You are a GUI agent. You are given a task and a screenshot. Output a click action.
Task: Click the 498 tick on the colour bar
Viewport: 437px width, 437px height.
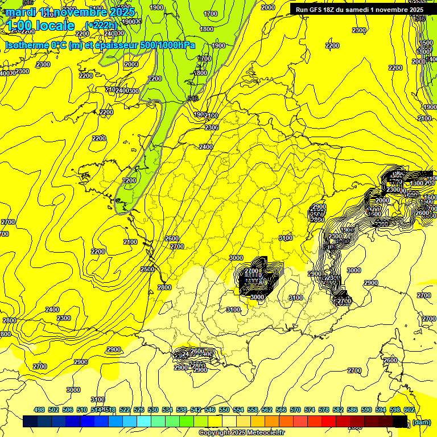tap(39, 410)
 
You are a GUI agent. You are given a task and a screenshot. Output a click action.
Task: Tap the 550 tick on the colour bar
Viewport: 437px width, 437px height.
tap(224, 410)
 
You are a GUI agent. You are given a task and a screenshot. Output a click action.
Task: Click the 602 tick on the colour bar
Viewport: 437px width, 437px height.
tap(409, 410)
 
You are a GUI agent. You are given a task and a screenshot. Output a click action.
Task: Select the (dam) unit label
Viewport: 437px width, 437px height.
tap(421, 422)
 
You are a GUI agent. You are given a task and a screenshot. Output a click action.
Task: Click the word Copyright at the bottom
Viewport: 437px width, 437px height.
tap(216, 432)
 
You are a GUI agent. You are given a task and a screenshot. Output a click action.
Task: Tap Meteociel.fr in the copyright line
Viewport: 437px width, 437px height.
tap(266, 432)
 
